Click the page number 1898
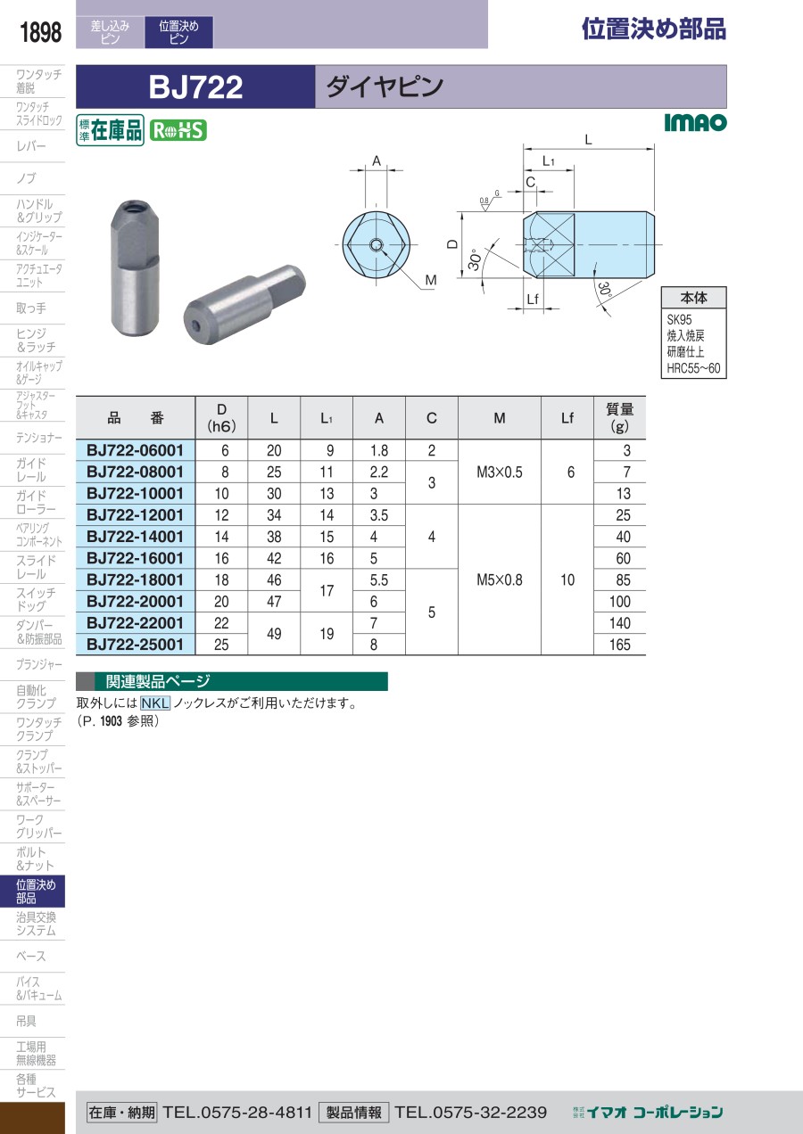pyautogui.click(x=40, y=32)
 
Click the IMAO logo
pyautogui.click(x=695, y=122)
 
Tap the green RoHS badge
pyautogui.click(x=178, y=131)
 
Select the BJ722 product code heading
pyautogui.click(x=195, y=86)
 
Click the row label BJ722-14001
pyautogui.click(x=135, y=537)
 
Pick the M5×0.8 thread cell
pyautogui.click(x=500, y=579)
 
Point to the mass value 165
pyautogui.click(x=619, y=645)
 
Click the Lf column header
pyautogui.click(x=567, y=418)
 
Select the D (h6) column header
pyautogui.click(x=221, y=417)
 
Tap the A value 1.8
pyautogui.click(x=379, y=450)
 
